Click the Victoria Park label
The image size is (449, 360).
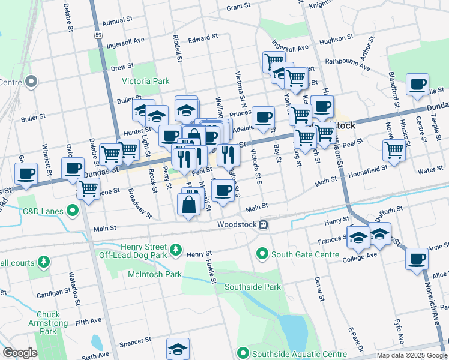pyautogui.click(x=146, y=81)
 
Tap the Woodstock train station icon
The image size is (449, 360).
pyautogui.click(x=263, y=225)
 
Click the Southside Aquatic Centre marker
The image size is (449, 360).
pyautogui.click(x=243, y=353)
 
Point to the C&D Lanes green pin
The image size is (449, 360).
pyautogui.click(x=73, y=211)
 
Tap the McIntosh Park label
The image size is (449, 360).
pyautogui.click(x=154, y=274)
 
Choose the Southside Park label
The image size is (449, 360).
pyautogui.click(x=253, y=287)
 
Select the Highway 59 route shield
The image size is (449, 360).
pyautogui.click(x=97, y=35)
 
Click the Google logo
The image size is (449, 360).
pyautogui.click(x=20, y=353)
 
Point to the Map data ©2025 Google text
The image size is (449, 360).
pyautogui.click(x=411, y=355)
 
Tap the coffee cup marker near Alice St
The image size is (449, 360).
pyautogui.click(x=417, y=259)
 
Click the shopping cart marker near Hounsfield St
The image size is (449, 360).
pyautogui.click(x=394, y=150)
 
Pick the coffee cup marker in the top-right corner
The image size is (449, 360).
pyautogui.click(x=417, y=85)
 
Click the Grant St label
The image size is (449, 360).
pyautogui.click(x=238, y=7)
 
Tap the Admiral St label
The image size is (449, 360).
pyautogui.click(x=118, y=20)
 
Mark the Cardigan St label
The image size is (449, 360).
pyautogui.click(x=53, y=293)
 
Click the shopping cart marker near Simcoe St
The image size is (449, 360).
pyautogui.click(x=89, y=190)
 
